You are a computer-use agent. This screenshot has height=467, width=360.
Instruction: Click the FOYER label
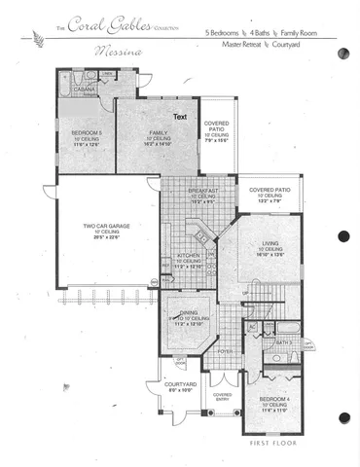[x=224, y=353]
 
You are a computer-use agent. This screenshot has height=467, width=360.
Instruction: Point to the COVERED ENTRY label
[x=223, y=396]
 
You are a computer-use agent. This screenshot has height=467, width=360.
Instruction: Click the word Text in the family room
[x=180, y=117]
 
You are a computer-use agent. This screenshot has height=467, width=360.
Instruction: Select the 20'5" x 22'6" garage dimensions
[x=106, y=236]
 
